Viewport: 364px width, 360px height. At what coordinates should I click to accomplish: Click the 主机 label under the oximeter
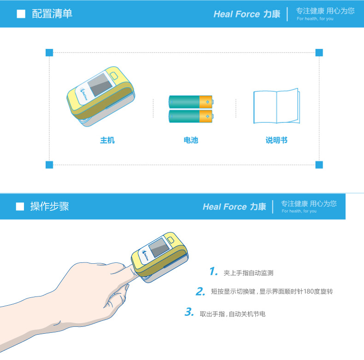[x=107, y=140]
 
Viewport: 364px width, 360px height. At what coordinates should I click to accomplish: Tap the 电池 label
[x=191, y=140]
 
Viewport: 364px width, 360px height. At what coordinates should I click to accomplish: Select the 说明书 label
[x=276, y=140]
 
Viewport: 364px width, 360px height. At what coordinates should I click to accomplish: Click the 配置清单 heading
[x=52, y=14]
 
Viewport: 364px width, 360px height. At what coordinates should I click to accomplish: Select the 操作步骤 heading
[x=49, y=206]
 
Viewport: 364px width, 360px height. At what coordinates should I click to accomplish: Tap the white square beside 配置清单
[x=21, y=14]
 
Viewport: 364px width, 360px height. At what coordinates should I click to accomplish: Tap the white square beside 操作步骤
[x=20, y=206]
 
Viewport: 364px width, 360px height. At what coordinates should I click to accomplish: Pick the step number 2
[x=200, y=291]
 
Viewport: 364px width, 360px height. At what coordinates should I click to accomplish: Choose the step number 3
[x=189, y=312]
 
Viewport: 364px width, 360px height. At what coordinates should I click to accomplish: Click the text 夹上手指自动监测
[x=248, y=273]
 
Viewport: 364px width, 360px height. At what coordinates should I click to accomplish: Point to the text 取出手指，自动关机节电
[x=233, y=314]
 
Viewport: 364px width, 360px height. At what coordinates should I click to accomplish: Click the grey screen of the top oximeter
[x=100, y=85]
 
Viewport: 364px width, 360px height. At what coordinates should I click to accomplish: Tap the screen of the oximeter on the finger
[x=159, y=248]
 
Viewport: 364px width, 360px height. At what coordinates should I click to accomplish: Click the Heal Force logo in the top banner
[x=247, y=14]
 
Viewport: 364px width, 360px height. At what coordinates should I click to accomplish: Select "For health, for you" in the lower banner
[x=299, y=211]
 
